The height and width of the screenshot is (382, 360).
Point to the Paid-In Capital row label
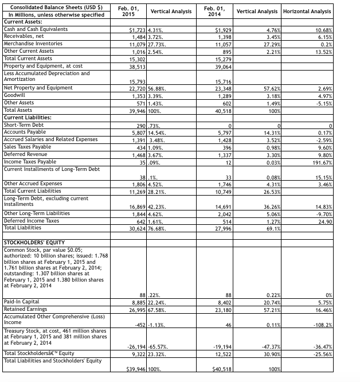pos(21,301)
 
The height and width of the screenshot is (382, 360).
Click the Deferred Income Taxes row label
pos(31,221)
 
